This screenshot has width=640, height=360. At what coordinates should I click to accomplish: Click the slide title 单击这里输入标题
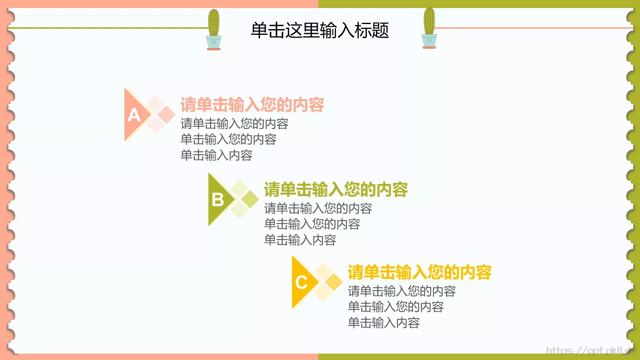coord(320,30)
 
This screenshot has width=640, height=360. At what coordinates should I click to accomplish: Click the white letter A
coord(134,115)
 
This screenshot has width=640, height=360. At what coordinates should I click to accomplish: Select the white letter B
coord(218,200)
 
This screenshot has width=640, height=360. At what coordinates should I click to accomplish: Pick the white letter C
coord(302,282)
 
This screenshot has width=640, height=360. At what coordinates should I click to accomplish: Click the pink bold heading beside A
coord(252,105)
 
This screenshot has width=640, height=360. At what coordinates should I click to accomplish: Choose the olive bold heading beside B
coord(336,190)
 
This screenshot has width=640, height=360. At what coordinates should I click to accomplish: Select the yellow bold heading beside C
coord(419,272)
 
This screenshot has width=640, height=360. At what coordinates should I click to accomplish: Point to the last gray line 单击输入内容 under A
coord(216,155)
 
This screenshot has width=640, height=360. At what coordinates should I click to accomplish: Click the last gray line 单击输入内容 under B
coord(300,240)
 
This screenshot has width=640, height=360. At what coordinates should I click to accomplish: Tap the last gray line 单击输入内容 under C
coord(384,323)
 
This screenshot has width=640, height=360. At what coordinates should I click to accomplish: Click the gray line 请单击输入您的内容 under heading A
coord(234,124)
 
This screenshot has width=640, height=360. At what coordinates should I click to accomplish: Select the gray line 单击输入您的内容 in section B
coord(312,224)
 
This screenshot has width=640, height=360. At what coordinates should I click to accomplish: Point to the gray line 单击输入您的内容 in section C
coord(396,307)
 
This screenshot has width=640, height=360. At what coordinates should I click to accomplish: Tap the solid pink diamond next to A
coord(166,115)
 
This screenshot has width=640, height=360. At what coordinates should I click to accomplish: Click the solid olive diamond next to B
coord(250,199)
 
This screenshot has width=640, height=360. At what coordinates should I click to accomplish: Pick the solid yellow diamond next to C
coord(334,282)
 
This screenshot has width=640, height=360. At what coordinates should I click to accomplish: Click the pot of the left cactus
coord(214,42)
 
